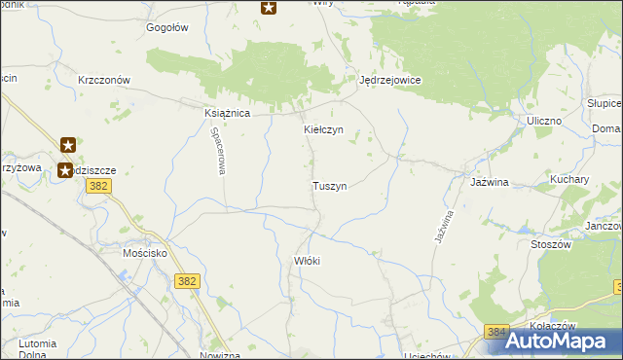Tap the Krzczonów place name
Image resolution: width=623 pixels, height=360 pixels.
point(104,80)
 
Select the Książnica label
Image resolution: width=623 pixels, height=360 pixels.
point(228,113)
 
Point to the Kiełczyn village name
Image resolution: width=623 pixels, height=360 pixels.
point(323,129)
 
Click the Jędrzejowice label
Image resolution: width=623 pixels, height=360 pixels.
point(389,81)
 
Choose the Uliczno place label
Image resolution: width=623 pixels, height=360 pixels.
point(545,120)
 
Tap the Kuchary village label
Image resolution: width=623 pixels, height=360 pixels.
point(569,180)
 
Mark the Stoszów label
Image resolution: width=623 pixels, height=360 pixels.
point(550,245)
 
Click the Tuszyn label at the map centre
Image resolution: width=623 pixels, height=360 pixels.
point(329,185)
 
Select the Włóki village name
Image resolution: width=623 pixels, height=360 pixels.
point(307,261)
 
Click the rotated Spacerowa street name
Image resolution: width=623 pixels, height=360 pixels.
point(220,153)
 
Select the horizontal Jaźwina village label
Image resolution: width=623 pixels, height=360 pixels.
point(492,182)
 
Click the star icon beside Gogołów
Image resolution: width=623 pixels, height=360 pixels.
point(269,8)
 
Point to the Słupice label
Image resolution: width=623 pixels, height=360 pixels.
point(604,103)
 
